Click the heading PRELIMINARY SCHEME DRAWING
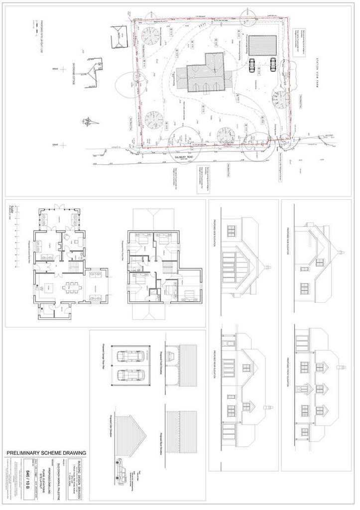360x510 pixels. click(x=46, y=453)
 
